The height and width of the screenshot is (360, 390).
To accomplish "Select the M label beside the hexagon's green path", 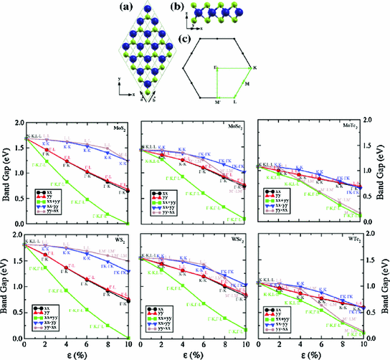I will [x=248, y=85].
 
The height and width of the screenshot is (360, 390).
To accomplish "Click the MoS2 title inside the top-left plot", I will [x=120, y=128].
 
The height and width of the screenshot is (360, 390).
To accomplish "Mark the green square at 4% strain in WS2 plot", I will [x=66, y=291].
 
